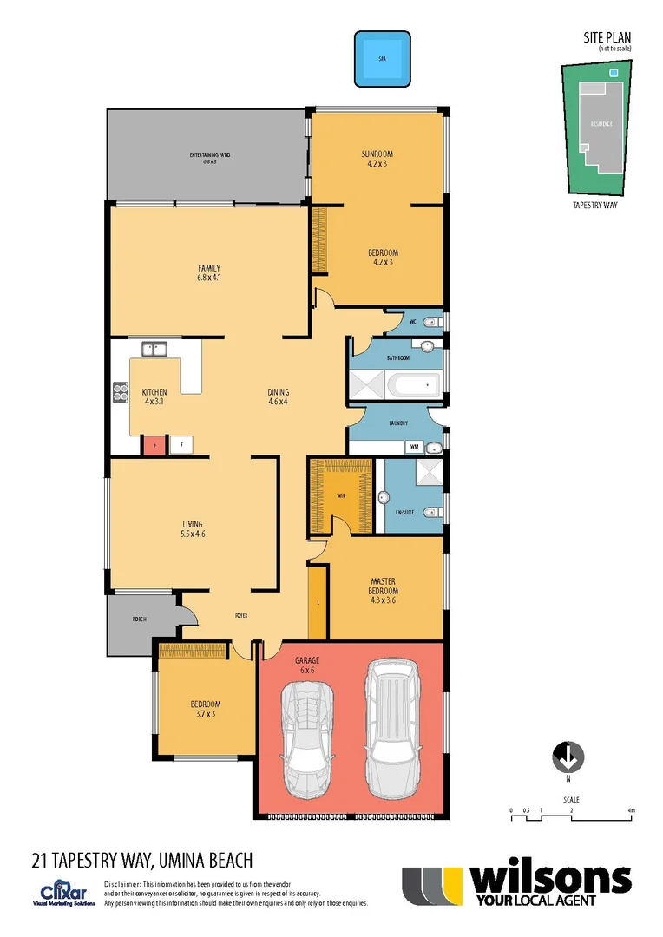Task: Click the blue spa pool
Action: (x=381, y=60)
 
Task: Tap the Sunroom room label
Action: (x=377, y=158)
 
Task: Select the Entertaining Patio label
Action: (x=209, y=158)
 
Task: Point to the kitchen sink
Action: (x=154, y=350)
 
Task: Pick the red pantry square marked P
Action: (x=154, y=445)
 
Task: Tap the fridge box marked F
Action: (x=181, y=445)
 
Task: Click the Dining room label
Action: (x=278, y=396)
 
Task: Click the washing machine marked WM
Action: (x=415, y=446)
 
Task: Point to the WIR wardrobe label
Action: (x=341, y=496)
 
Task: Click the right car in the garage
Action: (x=391, y=729)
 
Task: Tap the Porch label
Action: (x=139, y=619)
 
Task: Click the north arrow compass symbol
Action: (x=568, y=757)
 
